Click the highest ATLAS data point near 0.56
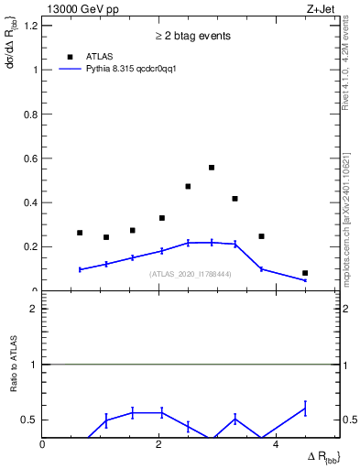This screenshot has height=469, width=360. point(212,168)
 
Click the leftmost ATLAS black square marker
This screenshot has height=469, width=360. point(80,233)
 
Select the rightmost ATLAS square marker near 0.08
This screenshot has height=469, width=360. point(305,273)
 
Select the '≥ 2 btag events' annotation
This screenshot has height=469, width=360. point(191,36)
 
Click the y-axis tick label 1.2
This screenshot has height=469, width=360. point(29,26)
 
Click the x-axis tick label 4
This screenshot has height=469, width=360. point(275,444)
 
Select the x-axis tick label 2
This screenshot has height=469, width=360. point(158,444)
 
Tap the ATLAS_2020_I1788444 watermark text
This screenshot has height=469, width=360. point(191,274)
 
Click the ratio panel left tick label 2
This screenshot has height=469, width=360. point(33,309)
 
